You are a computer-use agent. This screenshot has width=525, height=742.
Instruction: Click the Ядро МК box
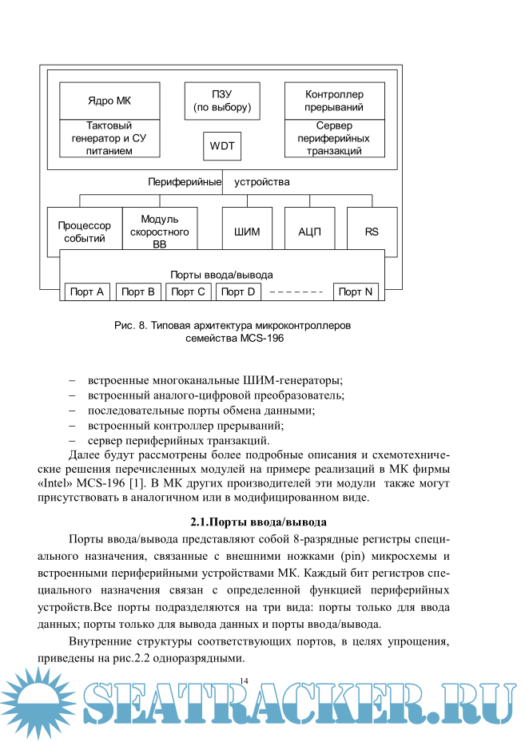[109, 101]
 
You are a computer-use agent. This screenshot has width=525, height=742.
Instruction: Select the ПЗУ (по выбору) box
[222, 101]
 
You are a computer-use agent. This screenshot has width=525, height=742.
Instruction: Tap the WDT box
[222, 146]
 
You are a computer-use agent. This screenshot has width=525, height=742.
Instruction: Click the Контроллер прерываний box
[334, 101]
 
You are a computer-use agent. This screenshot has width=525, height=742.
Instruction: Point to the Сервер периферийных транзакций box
[334, 138]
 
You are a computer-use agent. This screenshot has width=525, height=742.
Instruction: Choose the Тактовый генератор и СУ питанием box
[109, 138]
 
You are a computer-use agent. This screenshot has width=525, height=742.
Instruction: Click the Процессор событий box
[85, 232]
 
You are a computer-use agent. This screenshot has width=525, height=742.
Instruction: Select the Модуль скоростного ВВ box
[159, 232]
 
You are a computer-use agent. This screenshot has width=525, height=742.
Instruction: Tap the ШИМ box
[247, 232]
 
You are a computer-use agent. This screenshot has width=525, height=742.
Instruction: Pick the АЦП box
[309, 232]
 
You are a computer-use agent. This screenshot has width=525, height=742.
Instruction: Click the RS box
[372, 232]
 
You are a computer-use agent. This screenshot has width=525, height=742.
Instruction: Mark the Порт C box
[189, 292]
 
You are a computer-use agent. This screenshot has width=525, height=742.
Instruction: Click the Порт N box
[356, 292]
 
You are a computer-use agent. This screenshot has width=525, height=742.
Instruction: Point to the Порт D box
[238, 292]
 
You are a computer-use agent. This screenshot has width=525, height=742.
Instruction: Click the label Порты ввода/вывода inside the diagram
[221, 273]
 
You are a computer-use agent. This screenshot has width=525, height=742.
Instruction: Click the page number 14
[245, 680]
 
